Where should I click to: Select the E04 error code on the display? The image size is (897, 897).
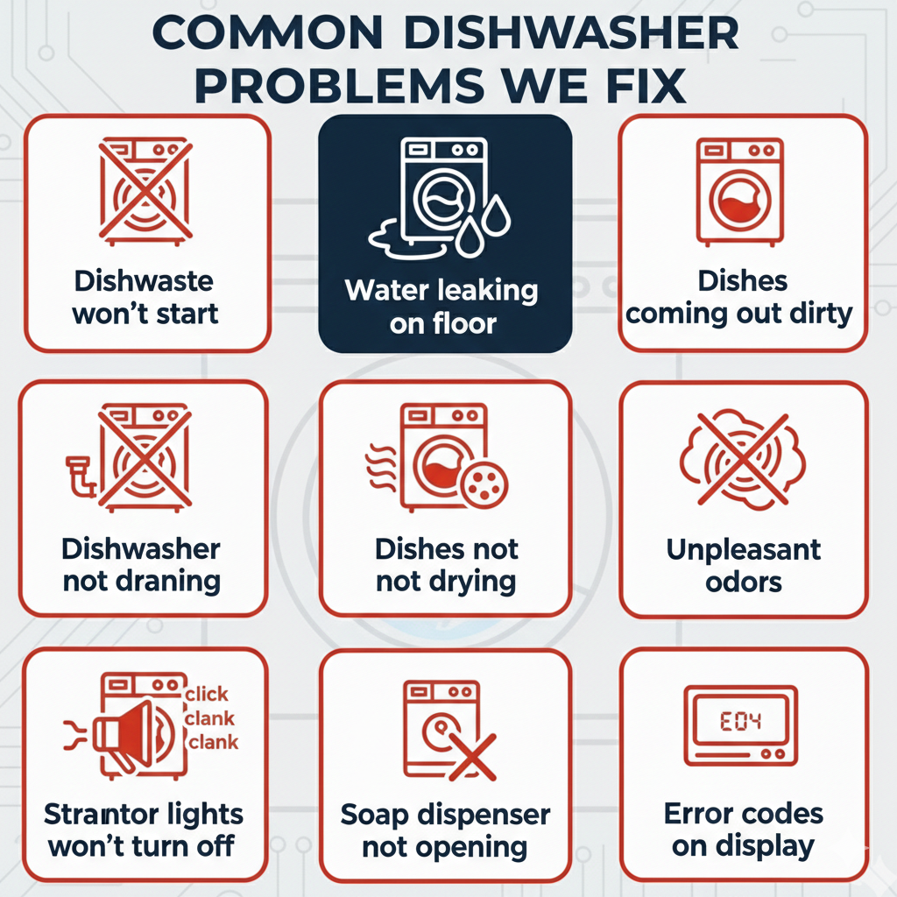pos(740,722)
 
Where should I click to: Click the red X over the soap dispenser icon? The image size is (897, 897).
pos(470,755)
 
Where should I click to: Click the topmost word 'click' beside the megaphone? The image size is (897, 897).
pos(208,694)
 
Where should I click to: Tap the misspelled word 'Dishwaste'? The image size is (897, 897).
pos(144,281)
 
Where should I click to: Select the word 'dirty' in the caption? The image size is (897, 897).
pos(818,314)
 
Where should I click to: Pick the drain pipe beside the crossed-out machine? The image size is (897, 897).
pos(81,472)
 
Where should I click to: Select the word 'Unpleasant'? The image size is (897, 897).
pos(743,549)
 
